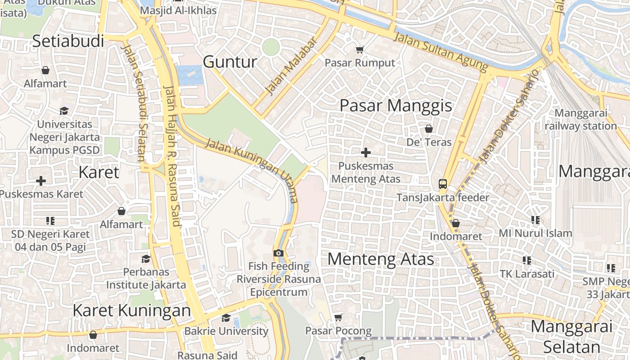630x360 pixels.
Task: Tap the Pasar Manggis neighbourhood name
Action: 396,106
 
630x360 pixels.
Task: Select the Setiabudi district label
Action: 68,41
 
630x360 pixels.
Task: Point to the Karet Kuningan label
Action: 131,310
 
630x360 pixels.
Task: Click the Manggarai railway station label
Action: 580,120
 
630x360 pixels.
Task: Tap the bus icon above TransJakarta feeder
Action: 443,184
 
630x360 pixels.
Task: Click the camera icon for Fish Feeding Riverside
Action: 279,253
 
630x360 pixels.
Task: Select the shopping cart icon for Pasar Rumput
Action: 360,49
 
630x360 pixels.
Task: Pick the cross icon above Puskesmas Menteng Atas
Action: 366,153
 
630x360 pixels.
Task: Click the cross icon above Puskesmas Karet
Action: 41,181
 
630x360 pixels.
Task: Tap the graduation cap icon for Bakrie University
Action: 226,318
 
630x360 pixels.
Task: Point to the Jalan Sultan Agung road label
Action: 441,51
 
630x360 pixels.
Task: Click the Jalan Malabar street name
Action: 291,67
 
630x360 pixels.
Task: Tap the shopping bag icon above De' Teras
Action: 429,129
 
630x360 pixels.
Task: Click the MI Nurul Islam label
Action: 535,233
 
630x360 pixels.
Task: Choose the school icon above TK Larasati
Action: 527,261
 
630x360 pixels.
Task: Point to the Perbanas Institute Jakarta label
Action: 146,279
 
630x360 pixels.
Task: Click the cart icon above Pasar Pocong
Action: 338,318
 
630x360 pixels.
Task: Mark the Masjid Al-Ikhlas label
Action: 178,10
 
